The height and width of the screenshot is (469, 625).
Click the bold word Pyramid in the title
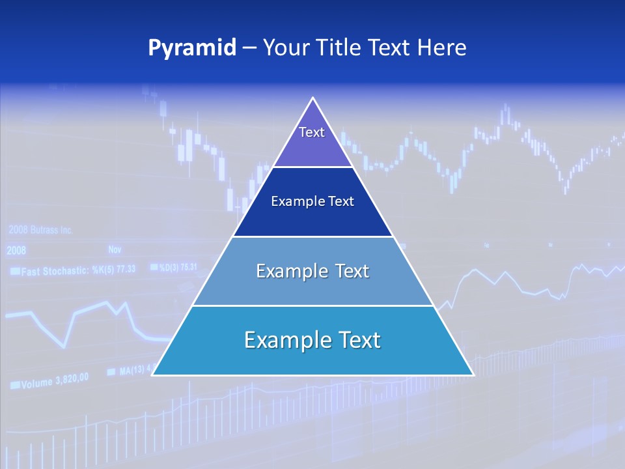pyautogui.click(x=191, y=48)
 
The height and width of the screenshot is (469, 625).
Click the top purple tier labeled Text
pyautogui.click(x=312, y=140)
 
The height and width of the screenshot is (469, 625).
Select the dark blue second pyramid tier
pyautogui.click(x=312, y=202)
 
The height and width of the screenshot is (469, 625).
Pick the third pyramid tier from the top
pyautogui.click(x=312, y=271)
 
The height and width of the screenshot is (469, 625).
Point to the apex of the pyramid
pyautogui.click(x=313, y=99)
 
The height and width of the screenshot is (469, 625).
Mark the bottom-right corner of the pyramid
pyautogui.click(x=473, y=375)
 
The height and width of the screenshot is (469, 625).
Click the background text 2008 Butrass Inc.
pyautogui.click(x=40, y=230)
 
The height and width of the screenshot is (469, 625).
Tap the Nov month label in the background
pyautogui.click(x=115, y=249)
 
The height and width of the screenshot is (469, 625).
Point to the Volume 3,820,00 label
pyautogui.click(x=55, y=381)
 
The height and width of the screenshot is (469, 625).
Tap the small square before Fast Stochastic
pyautogui.click(x=14, y=271)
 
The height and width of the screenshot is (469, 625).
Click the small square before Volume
pyautogui.click(x=14, y=386)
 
